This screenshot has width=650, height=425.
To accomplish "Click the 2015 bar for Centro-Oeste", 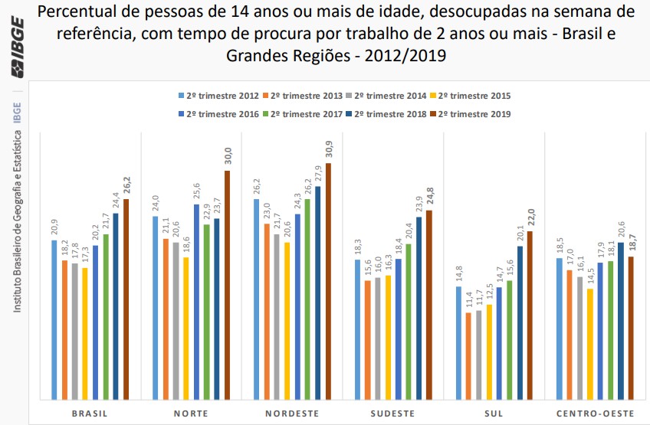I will click(x=589, y=344).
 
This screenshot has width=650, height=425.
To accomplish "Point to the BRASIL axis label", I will click(x=89, y=413).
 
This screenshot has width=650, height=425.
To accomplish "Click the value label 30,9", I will click(x=329, y=149).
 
